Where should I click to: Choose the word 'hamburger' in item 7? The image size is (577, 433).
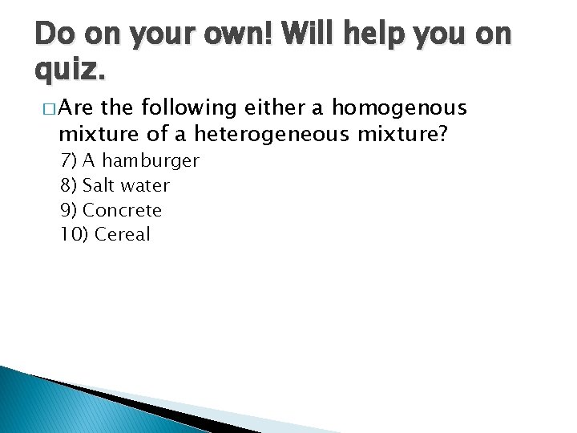coord(148,161)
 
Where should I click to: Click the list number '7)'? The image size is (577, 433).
coord(69,161)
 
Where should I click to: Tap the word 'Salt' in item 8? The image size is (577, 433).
coord(99,186)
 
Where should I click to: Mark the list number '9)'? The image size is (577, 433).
coord(69,211)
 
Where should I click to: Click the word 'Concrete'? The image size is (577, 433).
coord(123,211)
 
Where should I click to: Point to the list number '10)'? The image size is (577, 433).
coord(74,235)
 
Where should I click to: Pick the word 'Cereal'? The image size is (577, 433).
coord(123,235)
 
